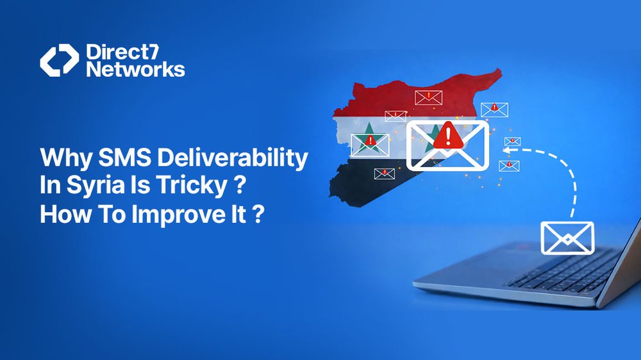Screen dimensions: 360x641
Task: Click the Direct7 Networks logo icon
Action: [59, 60]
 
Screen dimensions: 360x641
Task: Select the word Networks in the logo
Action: [135, 69]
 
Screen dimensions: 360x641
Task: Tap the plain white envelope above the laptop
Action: [567, 238]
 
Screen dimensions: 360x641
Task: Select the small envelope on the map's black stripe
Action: [385, 173]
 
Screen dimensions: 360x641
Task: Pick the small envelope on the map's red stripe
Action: [428, 97]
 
